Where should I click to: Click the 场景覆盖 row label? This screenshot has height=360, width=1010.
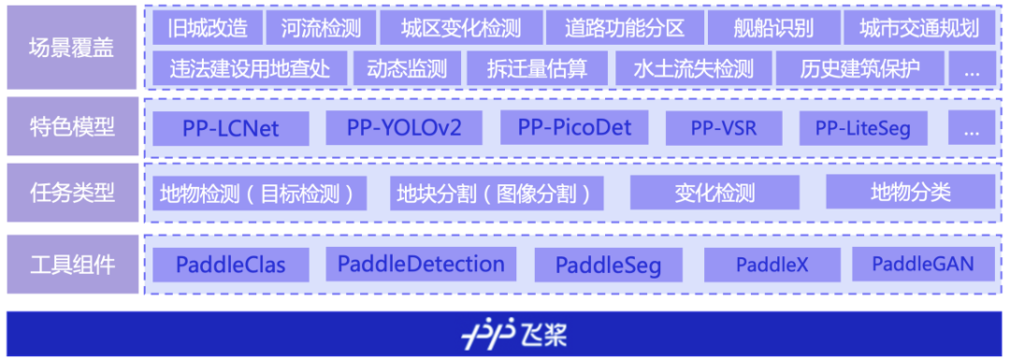tap(72, 48)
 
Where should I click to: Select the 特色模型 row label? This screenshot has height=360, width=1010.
tap(72, 126)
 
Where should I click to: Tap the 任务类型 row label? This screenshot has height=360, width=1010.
tap(72, 194)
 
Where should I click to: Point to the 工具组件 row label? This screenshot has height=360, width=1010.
tap(72, 264)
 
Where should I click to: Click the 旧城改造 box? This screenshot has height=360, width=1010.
tap(208, 28)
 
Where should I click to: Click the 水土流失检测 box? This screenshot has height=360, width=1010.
tap(693, 69)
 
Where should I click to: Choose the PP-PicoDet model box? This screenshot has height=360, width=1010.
tap(575, 127)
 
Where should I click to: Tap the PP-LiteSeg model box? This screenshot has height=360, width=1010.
tap(863, 128)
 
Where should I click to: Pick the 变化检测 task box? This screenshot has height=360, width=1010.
tap(714, 194)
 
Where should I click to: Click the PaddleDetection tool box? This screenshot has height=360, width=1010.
tap(421, 264)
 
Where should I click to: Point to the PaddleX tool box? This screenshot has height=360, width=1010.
tap(772, 265)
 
